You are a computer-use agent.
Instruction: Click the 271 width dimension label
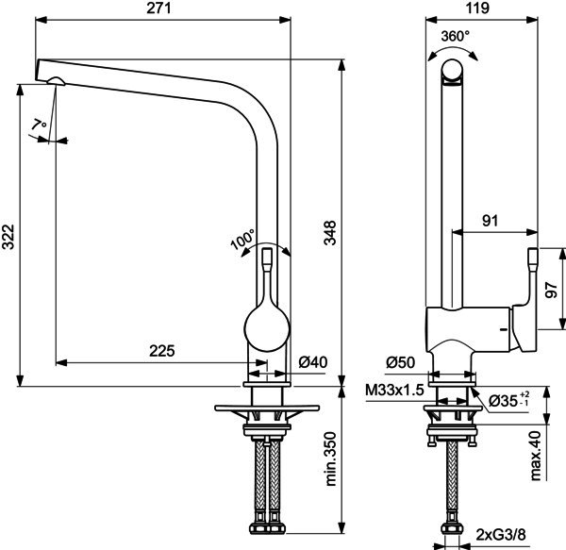(x=158, y=8)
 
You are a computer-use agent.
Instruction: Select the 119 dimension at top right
(x=477, y=8)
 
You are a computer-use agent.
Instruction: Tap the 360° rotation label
(x=456, y=36)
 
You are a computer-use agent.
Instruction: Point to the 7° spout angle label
(x=39, y=125)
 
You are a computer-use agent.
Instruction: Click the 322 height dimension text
(x=8, y=237)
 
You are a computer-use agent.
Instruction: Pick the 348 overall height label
(x=329, y=233)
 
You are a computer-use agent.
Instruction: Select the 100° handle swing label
(x=243, y=239)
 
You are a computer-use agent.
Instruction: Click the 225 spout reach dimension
(x=162, y=350)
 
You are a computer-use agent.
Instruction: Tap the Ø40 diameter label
(x=313, y=362)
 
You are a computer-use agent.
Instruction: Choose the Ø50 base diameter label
(x=400, y=362)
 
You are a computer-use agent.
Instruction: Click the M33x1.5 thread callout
(x=394, y=391)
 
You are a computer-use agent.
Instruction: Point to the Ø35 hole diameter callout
(x=508, y=399)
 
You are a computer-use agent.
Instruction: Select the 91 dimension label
(x=490, y=221)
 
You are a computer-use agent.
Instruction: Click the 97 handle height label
(x=551, y=290)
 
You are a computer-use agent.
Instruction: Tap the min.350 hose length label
(x=331, y=458)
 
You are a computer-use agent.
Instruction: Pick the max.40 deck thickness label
(x=536, y=456)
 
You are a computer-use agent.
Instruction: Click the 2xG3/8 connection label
(x=501, y=535)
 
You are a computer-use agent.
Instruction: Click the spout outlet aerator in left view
(x=56, y=81)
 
